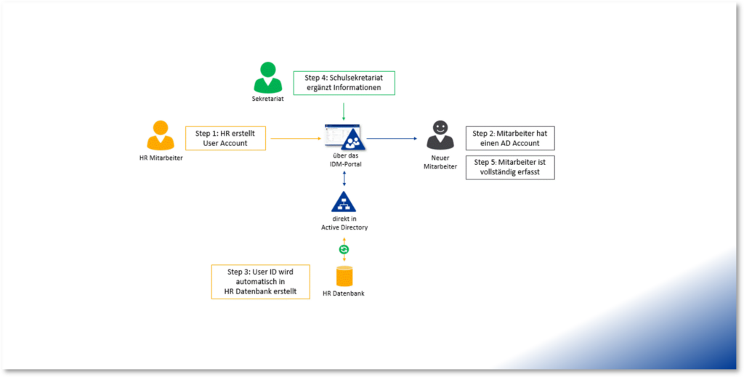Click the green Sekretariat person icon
click(x=267, y=77)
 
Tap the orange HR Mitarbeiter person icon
click(x=161, y=136)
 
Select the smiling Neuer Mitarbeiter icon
click(x=440, y=136)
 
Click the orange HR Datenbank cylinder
click(x=344, y=276)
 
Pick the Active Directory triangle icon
click(x=344, y=203)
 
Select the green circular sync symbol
click(x=344, y=250)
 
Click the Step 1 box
click(x=225, y=138)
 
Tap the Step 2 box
click(x=509, y=138)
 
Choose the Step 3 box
click(x=260, y=282)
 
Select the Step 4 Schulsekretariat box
click(x=344, y=83)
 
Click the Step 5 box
click(x=509, y=167)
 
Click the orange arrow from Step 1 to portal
click(x=294, y=137)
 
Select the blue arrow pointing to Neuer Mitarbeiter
click(x=392, y=137)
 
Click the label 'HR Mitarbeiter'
click(x=161, y=158)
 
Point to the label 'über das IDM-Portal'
click(x=344, y=161)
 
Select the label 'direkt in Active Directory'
click(x=344, y=223)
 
